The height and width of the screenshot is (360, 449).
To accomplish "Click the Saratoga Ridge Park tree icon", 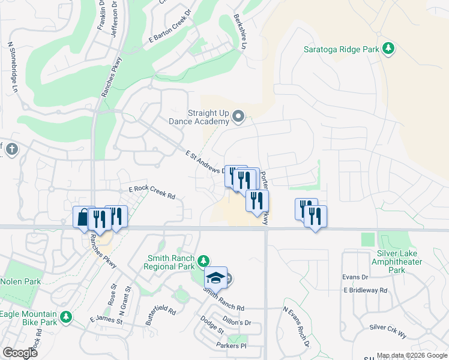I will (388, 49).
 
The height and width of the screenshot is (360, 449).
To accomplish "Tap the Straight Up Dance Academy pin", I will (239, 116).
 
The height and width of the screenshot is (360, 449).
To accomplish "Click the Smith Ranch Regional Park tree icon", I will (203, 260).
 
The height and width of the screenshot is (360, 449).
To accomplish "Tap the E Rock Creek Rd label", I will (151, 191).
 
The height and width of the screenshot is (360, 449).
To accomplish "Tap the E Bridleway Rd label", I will (366, 290).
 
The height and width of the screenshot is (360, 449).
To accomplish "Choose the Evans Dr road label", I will (355, 277).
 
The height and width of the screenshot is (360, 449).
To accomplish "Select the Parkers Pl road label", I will (231, 346).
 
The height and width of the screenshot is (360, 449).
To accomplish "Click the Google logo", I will (20, 353).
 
